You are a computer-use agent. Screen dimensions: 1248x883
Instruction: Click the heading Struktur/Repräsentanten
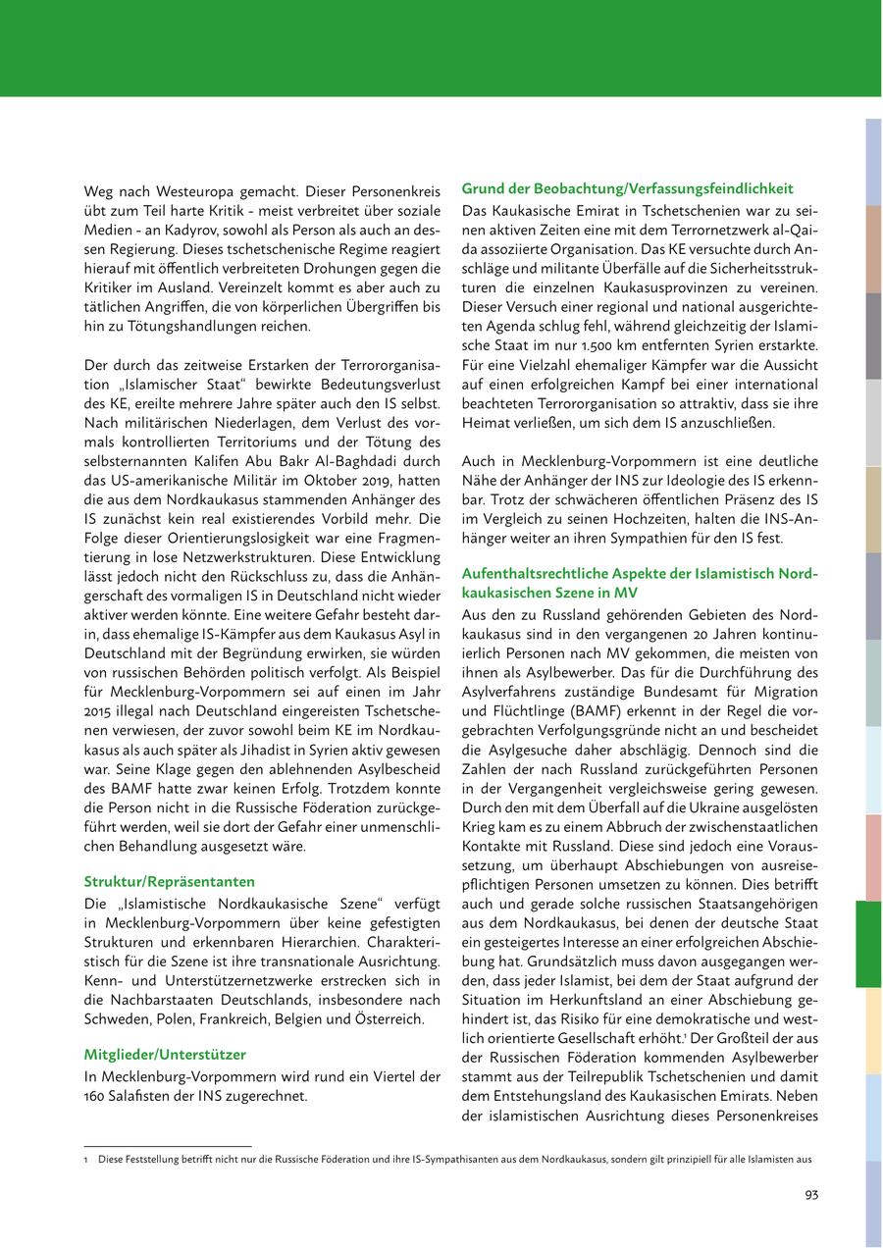point(170,881)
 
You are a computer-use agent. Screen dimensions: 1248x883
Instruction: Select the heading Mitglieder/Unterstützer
point(166,1054)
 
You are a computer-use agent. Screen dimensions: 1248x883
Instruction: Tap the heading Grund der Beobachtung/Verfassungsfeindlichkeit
point(627,188)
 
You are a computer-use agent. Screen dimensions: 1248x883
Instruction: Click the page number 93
point(810,1194)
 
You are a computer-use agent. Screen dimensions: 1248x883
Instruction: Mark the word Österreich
point(391,1019)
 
